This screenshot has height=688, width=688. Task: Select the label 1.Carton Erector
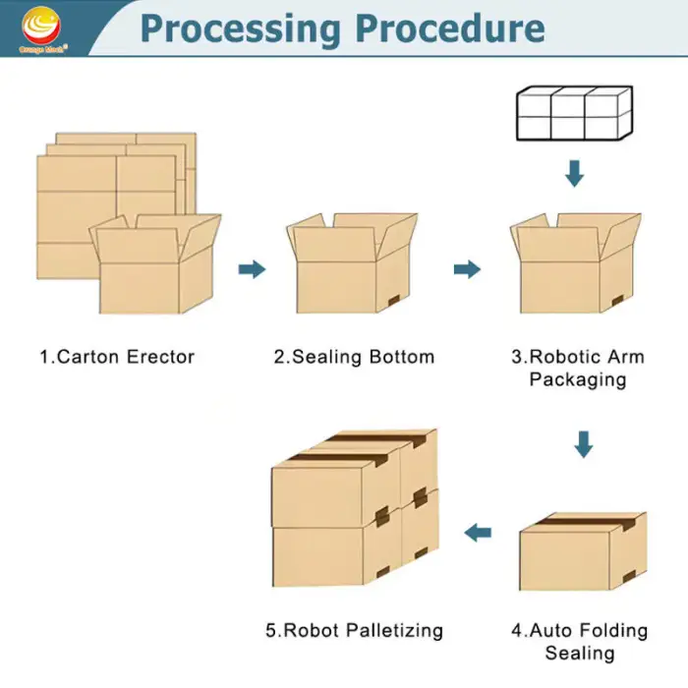coord(117,357)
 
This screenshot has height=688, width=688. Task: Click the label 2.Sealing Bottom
coord(354,357)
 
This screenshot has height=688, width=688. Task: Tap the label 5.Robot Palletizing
coord(354,630)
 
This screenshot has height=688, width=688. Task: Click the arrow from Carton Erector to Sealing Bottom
coord(253,269)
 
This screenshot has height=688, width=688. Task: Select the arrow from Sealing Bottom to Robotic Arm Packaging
coord(467,269)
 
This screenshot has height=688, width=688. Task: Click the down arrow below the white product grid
coord(575,174)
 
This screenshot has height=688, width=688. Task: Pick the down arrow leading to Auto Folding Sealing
coord(584,444)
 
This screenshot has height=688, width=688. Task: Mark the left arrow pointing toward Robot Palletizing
coord(478,533)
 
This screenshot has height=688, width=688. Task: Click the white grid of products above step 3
coord(574,114)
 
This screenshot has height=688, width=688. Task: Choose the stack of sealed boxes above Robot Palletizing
coord(354,511)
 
